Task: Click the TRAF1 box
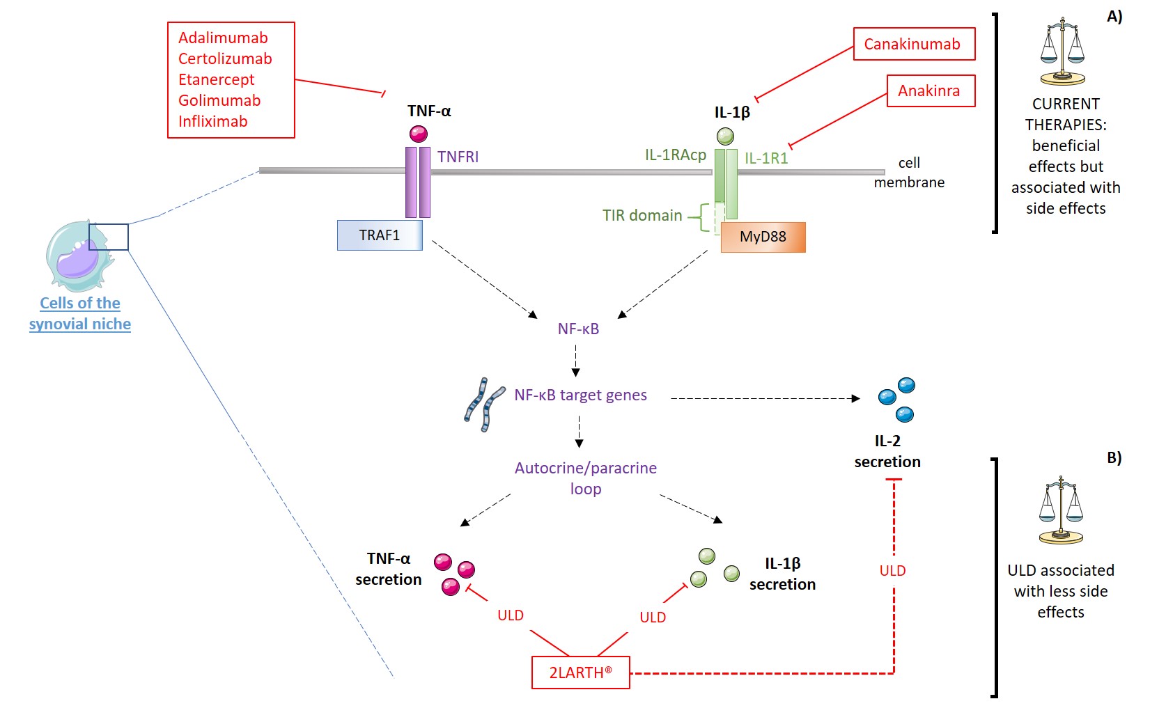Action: click(x=380, y=235)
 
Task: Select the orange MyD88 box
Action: click(x=763, y=237)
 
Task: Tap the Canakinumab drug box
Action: click(x=913, y=44)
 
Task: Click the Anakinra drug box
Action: click(x=929, y=91)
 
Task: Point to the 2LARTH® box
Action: click(x=580, y=673)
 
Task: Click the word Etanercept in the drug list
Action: click(x=216, y=79)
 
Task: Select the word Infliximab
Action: click(x=212, y=121)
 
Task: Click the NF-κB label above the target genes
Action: click(x=578, y=329)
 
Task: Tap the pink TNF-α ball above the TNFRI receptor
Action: click(x=419, y=134)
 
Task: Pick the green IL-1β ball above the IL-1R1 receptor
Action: click(x=725, y=136)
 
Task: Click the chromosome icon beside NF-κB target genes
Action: click(x=484, y=404)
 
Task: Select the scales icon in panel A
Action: click(x=1062, y=52)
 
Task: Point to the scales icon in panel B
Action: click(x=1061, y=510)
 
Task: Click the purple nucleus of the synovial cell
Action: click(x=77, y=260)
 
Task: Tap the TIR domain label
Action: click(x=642, y=216)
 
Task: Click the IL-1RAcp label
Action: click(x=675, y=155)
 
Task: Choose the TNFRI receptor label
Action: click(x=458, y=157)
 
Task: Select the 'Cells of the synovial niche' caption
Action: click(x=80, y=313)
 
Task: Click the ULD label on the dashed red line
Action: click(x=892, y=571)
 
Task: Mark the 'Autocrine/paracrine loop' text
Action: click(x=586, y=478)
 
